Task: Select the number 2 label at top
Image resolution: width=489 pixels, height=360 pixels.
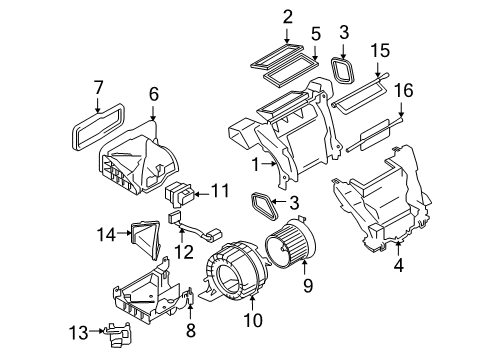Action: tap(288, 16)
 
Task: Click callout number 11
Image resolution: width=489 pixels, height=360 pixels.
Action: tap(220, 189)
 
